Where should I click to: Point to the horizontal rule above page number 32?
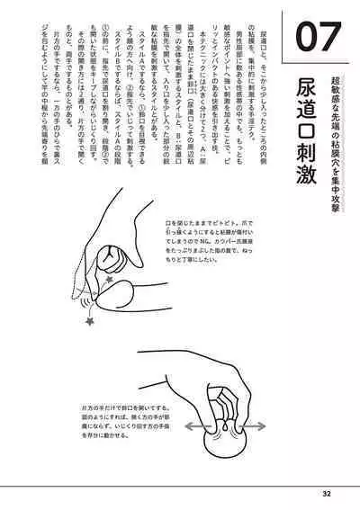click(x=180, y=483)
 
